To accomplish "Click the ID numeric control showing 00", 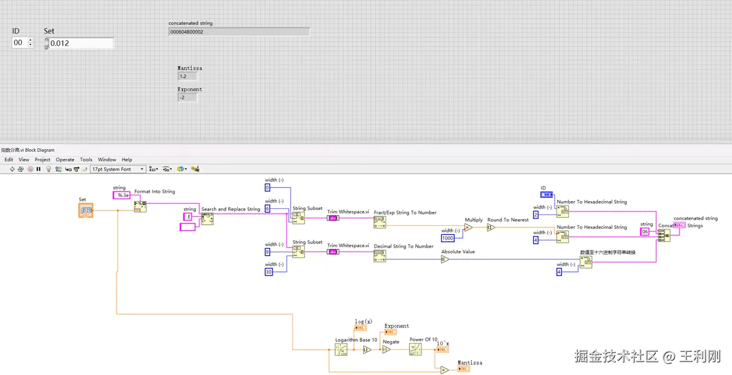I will pyautogui.click(x=19, y=43).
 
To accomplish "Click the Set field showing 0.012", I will pyautogui.click(x=81, y=43).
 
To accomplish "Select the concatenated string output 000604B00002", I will pyautogui.click(x=239, y=32).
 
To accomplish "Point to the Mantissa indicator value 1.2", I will pyautogui.click(x=187, y=77).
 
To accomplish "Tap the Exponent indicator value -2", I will pyautogui.click(x=187, y=97).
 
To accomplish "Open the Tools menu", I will pyautogui.click(x=86, y=160).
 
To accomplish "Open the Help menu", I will pyautogui.click(x=127, y=160).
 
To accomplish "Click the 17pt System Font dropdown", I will pyautogui.click(x=118, y=169).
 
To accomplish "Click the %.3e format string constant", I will pyautogui.click(x=122, y=195).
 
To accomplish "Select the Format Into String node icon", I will pyautogui.click(x=140, y=206).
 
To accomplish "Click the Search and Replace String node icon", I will pyautogui.click(x=207, y=219).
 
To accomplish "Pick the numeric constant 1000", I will pyautogui.click(x=448, y=238).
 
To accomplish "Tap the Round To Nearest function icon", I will pyautogui.click(x=491, y=227).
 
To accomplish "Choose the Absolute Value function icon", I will pyautogui.click(x=445, y=260).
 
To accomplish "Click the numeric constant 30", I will pyautogui.click(x=269, y=272).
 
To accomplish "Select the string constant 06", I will pyautogui.click(x=645, y=232).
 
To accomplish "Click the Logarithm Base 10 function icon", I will pyautogui.click(x=341, y=350).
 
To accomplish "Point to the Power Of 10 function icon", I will pyautogui.click(x=416, y=349).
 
